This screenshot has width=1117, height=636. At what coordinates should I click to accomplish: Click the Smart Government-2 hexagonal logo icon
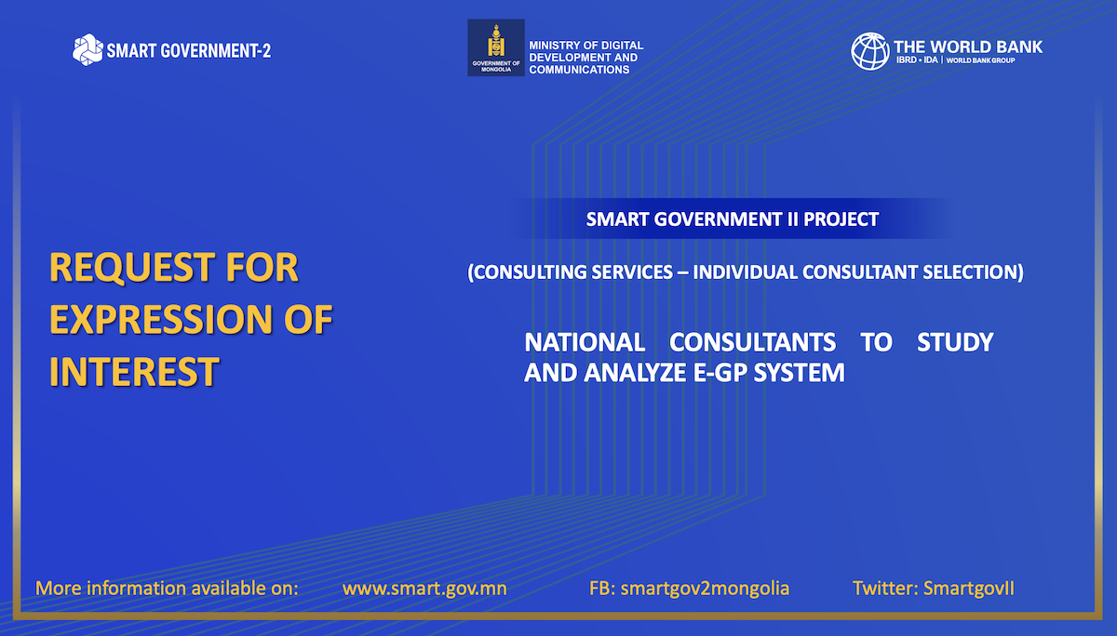tap(87, 50)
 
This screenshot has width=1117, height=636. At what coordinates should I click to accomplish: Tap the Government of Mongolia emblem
tap(495, 47)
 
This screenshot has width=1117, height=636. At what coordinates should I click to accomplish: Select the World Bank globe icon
tap(869, 51)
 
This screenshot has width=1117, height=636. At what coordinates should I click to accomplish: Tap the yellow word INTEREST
tap(134, 372)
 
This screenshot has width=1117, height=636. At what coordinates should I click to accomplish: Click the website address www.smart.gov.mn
tap(424, 589)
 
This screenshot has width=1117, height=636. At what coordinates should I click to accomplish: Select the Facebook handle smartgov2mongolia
tap(705, 589)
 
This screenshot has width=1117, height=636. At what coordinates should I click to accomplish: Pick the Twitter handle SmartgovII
tap(968, 589)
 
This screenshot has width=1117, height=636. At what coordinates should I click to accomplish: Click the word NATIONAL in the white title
tap(585, 342)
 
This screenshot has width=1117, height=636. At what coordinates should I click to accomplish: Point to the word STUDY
tap(955, 342)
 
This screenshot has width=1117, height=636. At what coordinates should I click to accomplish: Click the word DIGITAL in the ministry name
tap(624, 46)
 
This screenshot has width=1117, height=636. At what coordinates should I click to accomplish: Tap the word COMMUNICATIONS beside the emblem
tap(579, 70)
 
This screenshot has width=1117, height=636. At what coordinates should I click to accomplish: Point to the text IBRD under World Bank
tap(906, 60)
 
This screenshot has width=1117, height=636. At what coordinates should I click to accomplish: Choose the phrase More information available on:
tap(167, 589)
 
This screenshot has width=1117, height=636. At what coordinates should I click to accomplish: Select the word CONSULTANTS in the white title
tap(752, 342)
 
